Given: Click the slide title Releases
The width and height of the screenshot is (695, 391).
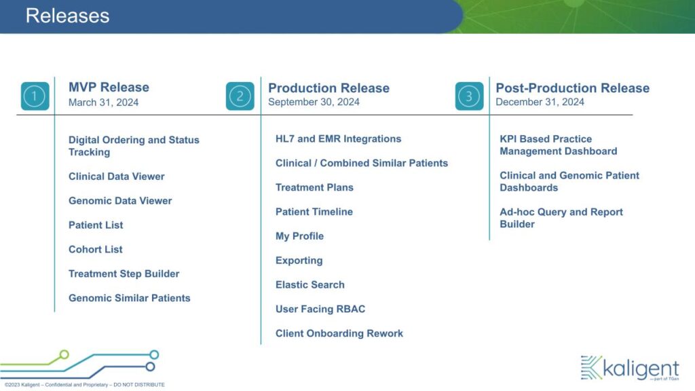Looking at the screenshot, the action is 67,16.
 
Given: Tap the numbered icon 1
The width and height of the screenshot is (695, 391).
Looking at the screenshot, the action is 35,96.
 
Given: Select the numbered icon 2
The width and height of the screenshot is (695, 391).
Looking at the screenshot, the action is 240,96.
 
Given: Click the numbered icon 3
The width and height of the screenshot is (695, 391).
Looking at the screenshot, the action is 470,96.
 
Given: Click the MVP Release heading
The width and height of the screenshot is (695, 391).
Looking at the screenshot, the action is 109,88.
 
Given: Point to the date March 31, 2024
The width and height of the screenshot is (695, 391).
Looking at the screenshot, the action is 103,103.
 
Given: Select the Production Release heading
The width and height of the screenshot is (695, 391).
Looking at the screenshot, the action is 329,88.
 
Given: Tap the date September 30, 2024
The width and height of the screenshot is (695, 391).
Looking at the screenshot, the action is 314,102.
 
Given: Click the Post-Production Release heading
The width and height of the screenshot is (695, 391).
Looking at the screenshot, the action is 573,88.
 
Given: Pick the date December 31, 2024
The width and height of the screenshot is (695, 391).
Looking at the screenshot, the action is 540,102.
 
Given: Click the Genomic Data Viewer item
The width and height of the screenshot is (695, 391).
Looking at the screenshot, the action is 120,201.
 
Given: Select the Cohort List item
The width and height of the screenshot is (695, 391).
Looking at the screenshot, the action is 95,250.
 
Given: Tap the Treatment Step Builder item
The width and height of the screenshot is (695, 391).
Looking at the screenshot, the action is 124,274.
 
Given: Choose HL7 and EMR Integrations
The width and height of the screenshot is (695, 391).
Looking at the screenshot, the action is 338,138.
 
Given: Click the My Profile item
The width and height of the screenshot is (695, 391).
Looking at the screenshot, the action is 299,236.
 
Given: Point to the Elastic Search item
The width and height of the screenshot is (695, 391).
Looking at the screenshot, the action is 309,284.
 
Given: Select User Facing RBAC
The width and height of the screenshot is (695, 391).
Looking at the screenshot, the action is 320,309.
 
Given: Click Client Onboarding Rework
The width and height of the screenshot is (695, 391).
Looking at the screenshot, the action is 339,333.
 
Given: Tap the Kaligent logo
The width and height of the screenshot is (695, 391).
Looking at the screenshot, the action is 630,368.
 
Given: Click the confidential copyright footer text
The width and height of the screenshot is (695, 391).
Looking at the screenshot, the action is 85,385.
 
